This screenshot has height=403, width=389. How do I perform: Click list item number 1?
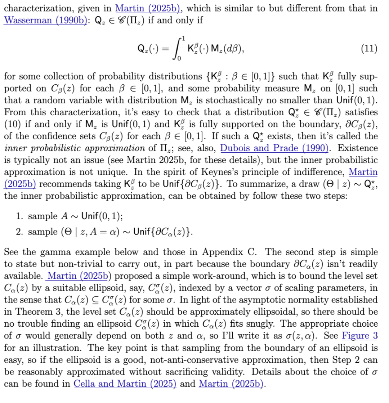click(20, 216)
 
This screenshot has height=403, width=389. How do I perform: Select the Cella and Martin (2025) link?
click(125, 384)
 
